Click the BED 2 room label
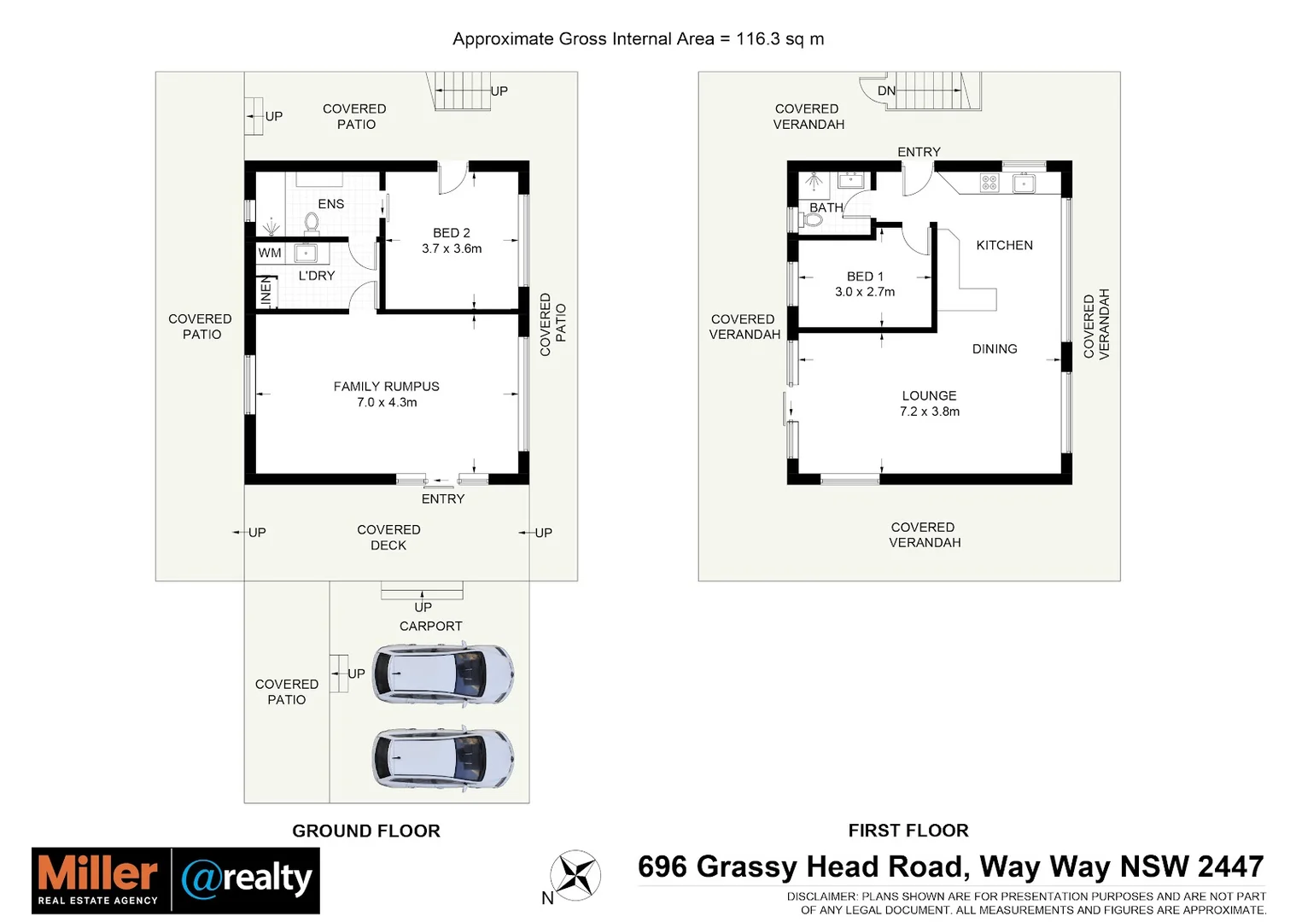[x=451, y=233]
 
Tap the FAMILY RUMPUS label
[x=386, y=387]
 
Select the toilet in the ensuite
[x=312, y=223]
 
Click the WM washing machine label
[x=270, y=253]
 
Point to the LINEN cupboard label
[x=266, y=292]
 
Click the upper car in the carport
[x=443, y=674]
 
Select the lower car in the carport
[x=443, y=758]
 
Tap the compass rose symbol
[x=575, y=875]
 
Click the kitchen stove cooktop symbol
[x=989, y=183]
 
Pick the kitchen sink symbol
[x=1024, y=183]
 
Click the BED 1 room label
[x=865, y=277]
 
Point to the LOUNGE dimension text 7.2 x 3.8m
[x=929, y=411]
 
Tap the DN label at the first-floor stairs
[x=886, y=90]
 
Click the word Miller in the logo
[x=98, y=873]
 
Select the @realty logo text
[x=247, y=878]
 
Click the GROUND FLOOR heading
[x=366, y=831]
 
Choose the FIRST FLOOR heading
[x=908, y=831]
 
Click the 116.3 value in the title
[x=757, y=38]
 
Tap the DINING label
[x=995, y=349]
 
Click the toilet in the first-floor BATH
[x=812, y=220]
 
